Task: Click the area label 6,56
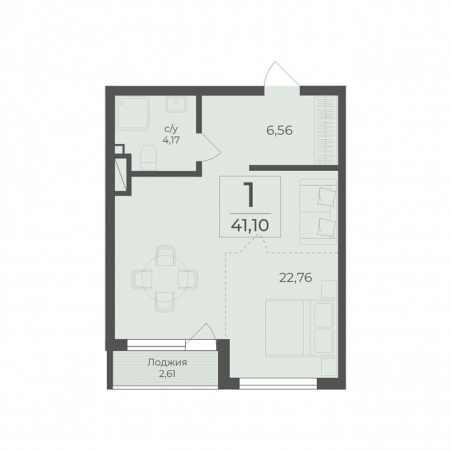tap(280, 131)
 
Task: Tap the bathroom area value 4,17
tap(171, 141)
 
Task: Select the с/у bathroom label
tap(171, 130)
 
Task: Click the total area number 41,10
tap(250, 225)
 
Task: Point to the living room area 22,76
tap(296, 278)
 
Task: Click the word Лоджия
tap(167, 363)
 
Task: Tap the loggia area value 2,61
tap(167, 374)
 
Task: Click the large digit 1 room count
tap(250, 195)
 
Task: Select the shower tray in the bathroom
tap(132, 113)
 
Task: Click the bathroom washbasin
tap(176, 104)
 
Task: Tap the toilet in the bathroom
tap(148, 158)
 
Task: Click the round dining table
tap(165, 279)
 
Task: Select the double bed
tap(301, 328)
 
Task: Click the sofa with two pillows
tap(318, 212)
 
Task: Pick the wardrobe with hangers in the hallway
tap(326, 130)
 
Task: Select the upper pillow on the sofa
tap(327, 197)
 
